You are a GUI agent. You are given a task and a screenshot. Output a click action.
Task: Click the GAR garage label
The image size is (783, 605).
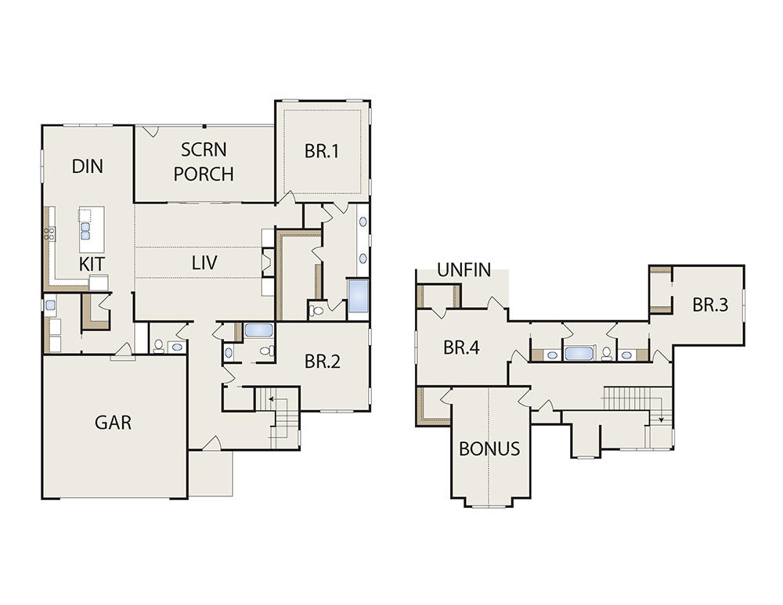click(x=113, y=423)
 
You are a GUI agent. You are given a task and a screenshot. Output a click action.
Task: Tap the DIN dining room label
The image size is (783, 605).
click(x=88, y=167)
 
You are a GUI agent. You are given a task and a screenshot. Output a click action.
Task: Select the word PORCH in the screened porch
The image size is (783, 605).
click(x=204, y=174)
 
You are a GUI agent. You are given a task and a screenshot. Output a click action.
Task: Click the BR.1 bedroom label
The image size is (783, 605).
click(x=322, y=151)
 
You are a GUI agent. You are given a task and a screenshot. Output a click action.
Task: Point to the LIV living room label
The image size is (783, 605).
click(x=204, y=262)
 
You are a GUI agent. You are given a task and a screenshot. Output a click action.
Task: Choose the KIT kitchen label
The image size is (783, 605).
click(x=92, y=264)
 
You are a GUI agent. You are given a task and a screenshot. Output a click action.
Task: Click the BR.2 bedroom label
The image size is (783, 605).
click(x=322, y=362)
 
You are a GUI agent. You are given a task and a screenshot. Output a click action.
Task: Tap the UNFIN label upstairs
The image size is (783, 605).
click(x=464, y=270)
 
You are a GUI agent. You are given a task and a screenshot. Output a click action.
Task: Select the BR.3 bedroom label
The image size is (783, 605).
click(x=710, y=304)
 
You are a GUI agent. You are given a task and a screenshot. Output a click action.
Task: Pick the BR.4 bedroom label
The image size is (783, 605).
click(x=461, y=348)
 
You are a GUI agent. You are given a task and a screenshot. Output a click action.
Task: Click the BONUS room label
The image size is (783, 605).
click(x=489, y=448)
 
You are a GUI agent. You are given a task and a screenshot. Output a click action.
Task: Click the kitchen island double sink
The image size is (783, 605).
click(x=85, y=231)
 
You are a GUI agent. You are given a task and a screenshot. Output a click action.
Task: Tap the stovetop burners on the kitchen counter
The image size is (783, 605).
click(x=49, y=233)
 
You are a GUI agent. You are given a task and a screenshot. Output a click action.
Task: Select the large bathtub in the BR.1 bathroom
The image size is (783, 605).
click(x=358, y=297)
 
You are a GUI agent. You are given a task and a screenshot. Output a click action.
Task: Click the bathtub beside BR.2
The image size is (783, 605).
click(x=258, y=330)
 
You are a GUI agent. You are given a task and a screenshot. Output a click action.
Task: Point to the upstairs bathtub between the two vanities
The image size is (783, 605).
click(x=579, y=354)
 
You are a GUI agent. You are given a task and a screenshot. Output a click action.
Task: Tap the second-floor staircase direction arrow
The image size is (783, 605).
click(x=661, y=417)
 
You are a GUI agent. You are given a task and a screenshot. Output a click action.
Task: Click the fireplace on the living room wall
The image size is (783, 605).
click(x=268, y=262)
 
